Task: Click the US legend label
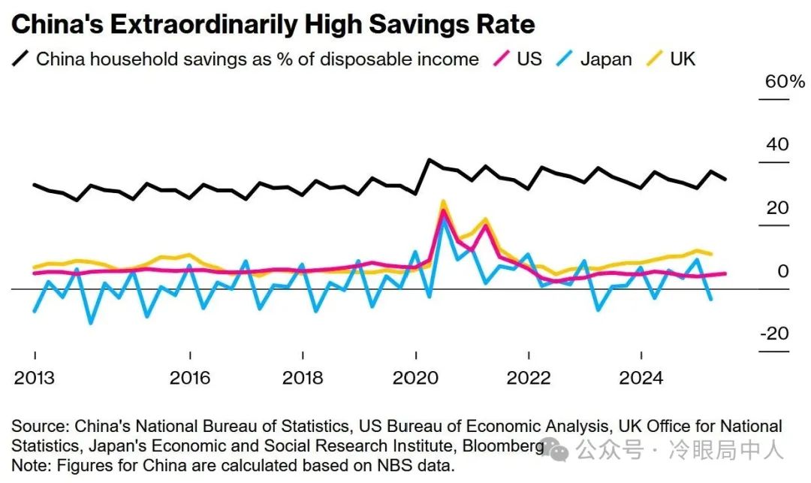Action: click(x=529, y=59)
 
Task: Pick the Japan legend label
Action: click(x=606, y=59)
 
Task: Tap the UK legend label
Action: click(x=683, y=59)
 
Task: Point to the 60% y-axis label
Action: click(x=784, y=82)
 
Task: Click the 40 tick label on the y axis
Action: click(x=777, y=144)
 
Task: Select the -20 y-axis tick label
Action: click(x=774, y=334)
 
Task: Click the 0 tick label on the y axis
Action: click(x=783, y=270)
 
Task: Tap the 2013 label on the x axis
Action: click(x=35, y=377)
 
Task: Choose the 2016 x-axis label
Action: click(x=190, y=377)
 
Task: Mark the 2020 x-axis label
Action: click(x=415, y=377)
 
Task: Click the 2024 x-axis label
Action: click(x=641, y=377)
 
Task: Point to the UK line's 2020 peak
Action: click(x=444, y=201)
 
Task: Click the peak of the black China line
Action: click(x=429, y=160)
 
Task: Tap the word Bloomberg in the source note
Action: click(x=502, y=446)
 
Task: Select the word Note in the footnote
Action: click(x=27, y=466)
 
